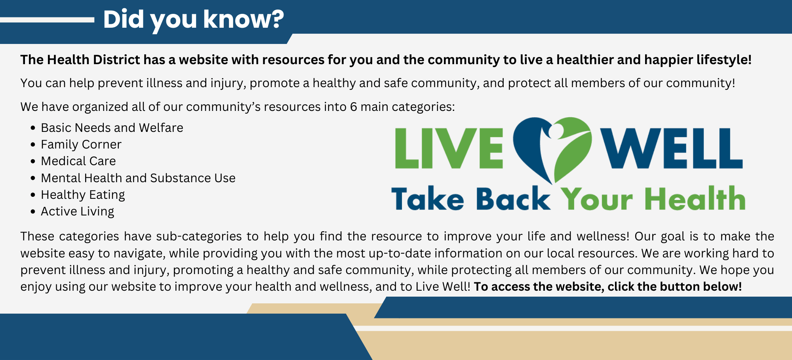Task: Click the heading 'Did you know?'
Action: tap(193, 19)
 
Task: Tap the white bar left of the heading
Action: tap(47, 20)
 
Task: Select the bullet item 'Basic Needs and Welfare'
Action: tap(112, 128)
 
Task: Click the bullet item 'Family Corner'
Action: tap(81, 144)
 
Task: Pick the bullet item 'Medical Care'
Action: tap(78, 161)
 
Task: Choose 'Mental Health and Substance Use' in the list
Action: tap(138, 178)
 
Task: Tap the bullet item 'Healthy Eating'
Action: tap(83, 194)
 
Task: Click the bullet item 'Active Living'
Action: tap(77, 211)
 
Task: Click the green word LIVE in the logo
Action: tap(449, 149)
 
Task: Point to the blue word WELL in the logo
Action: tap(671, 149)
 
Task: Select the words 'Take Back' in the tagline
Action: tap(470, 199)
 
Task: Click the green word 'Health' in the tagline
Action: tap(695, 199)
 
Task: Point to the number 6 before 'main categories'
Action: tap(353, 107)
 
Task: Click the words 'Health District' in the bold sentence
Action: tap(93, 60)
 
